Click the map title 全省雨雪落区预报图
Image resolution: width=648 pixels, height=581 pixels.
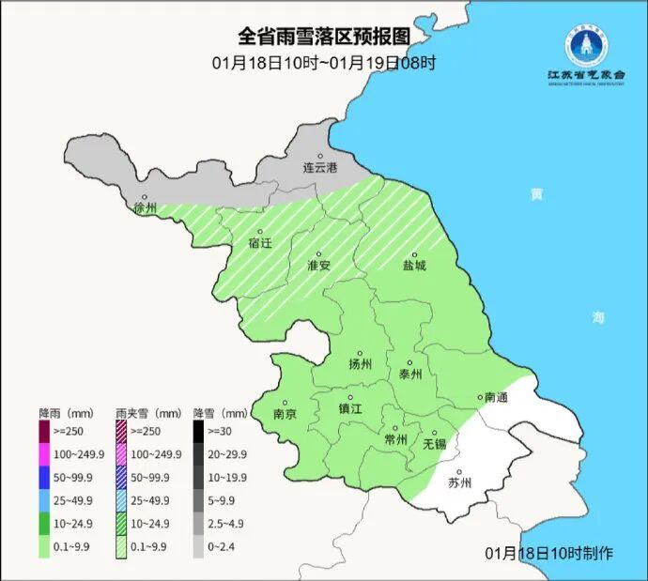pos(323,37)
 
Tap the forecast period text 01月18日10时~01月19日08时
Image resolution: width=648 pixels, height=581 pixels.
pos(323,63)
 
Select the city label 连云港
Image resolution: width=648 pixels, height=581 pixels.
pos(319,168)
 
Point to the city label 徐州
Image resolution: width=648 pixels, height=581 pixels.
pos(146,207)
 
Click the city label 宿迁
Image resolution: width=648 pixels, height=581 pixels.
pos(260,243)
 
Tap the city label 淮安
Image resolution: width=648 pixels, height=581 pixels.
pos(319,266)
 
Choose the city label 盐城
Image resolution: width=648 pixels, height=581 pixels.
pos(414,266)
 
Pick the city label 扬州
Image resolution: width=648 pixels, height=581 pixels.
pos(360,364)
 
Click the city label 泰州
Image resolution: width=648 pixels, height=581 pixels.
pos(410,374)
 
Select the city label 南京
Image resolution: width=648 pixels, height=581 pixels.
pos(285,414)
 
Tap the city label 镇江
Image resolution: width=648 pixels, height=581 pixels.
pos(349,409)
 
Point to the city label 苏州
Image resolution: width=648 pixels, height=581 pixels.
pos(459,483)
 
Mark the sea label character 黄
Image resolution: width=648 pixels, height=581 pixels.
pos(536,194)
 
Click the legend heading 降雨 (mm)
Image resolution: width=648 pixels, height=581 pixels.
pos(69,412)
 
